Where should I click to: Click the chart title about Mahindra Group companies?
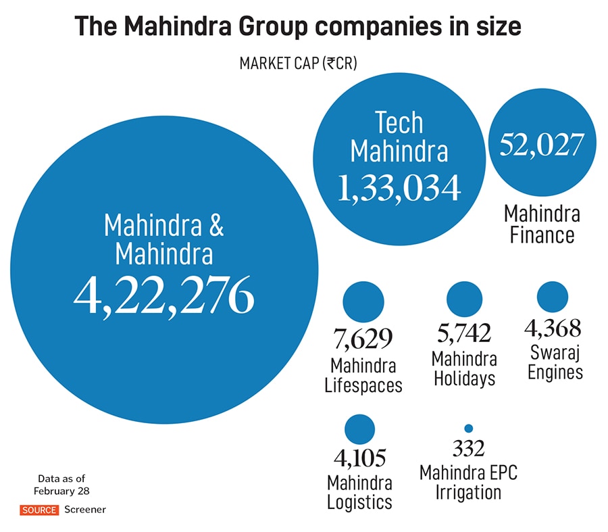pos(297,26)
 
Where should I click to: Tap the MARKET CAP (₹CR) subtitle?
pos(298,64)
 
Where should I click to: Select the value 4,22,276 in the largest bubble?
pos(164,295)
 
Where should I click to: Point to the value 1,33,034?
pos(399,187)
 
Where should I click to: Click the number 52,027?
pos(542,144)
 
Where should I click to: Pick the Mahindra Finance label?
pos(542,224)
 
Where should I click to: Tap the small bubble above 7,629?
pos(363,302)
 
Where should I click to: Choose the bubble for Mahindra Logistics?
pos(359,430)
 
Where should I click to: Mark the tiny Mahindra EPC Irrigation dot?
pos(468,428)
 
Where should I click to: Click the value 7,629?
pos(363,338)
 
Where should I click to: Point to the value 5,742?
pos(465,334)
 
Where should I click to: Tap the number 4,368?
pos(553,329)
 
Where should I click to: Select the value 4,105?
pos(359,458)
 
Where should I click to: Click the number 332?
pos(468,448)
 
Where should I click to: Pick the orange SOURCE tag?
pos(39,509)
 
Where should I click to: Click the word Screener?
pos(85,509)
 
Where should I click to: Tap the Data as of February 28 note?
pos(61,484)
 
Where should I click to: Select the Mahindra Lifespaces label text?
pos(363,376)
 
